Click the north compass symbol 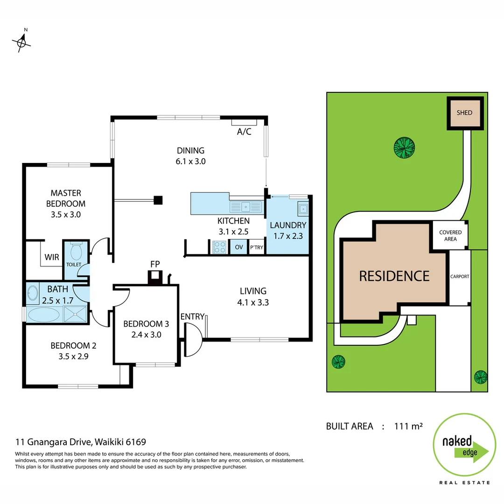click(21, 42)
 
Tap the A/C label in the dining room click(244, 132)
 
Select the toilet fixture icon click(75, 252)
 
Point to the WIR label click(51, 257)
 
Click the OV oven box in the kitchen click(238, 247)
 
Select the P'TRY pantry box click(256, 247)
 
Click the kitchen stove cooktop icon click(219, 247)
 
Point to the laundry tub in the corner click(303, 209)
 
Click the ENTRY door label click(192, 317)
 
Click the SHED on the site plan click(464, 113)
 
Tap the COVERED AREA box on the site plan click(450, 236)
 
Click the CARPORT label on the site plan click(460, 276)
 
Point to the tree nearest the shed click(404, 148)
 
